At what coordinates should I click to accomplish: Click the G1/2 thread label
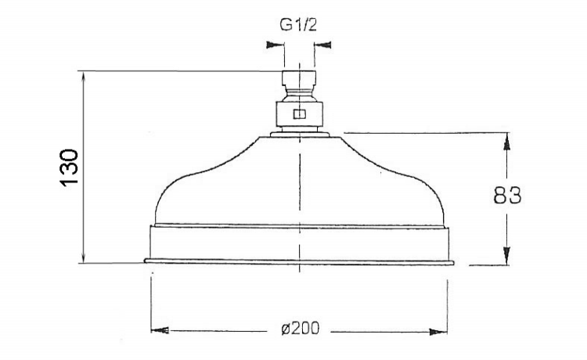(x=298, y=25)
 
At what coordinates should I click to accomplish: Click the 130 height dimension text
(x=69, y=167)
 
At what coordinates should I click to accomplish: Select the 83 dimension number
(x=507, y=196)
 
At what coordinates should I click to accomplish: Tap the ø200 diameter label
(x=301, y=329)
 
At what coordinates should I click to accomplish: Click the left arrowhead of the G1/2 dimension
(x=275, y=45)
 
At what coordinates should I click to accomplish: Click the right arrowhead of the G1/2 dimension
(x=323, y=45)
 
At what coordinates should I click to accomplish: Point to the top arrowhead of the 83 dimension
(x=506, y=142)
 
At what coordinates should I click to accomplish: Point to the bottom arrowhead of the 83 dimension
(x=506, y=256)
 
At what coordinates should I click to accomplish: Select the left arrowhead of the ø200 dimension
(x=160, y=330)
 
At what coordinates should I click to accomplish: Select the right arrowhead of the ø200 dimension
(x=438, y=331)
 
